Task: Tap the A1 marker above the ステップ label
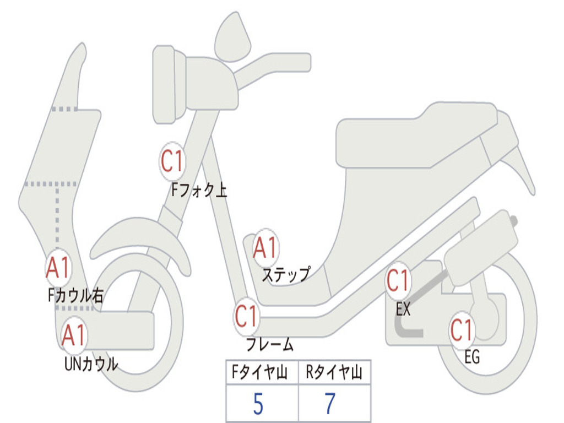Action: (265, 248)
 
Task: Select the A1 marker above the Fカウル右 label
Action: (58, 268)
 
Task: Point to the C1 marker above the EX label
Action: (398, 281)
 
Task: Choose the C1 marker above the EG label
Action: (462, 330)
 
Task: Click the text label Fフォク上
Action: (199, 191)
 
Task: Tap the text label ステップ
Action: (285, 274)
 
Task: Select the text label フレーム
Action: (270, 345)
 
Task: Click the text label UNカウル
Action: (91, 364)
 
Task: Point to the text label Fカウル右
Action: (75, 296)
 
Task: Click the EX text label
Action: (403, 310)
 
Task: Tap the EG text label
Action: (471, 357)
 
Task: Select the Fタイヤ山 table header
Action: (261, 373)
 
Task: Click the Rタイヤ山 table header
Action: (334, 373)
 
